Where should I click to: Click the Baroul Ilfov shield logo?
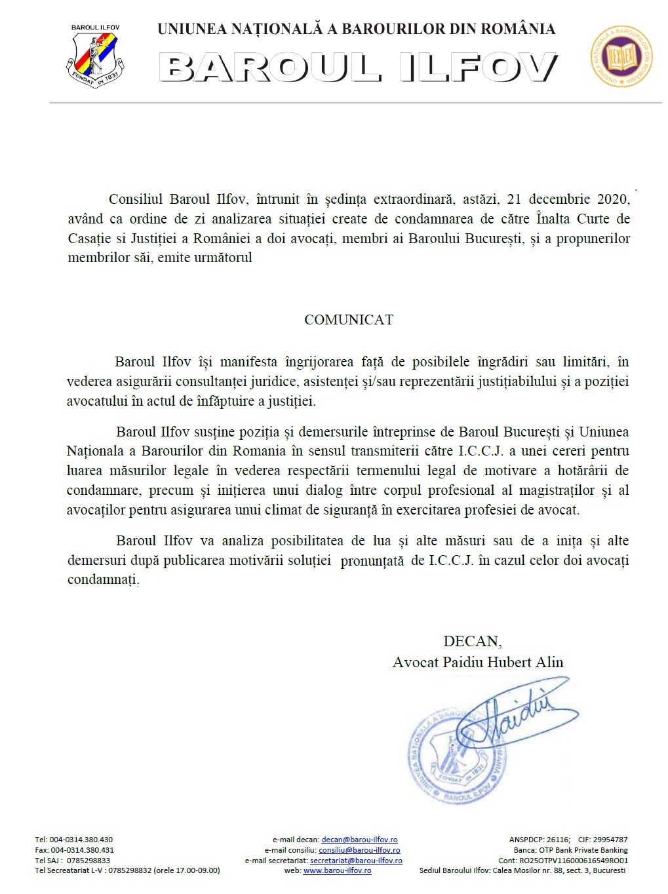point(95,58)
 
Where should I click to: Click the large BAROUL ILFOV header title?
point(358,68)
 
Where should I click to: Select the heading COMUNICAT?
point(349,320)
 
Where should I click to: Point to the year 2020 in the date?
point(613,199)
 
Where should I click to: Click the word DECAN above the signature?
point(472,641)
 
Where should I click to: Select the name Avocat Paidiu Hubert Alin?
point(478,662)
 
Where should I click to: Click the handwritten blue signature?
point(511,714)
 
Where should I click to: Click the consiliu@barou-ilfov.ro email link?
point(359,850)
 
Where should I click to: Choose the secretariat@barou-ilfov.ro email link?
point(356,861)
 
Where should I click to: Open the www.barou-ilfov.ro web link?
point(337,871)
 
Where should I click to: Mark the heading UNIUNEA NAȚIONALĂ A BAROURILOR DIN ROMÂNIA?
point(357,29)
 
